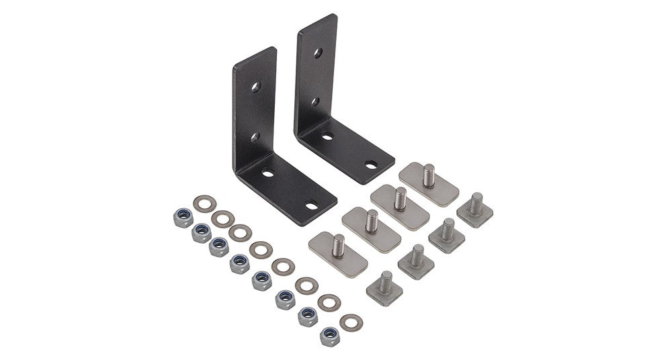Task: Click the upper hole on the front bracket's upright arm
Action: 256,87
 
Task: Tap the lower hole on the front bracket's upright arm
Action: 255,137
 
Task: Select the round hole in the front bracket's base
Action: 268,174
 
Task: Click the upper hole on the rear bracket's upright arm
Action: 317,52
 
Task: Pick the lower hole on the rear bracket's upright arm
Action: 315,101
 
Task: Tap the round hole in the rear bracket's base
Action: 327,136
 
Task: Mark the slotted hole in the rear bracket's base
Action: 370,164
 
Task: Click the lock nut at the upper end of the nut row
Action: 182,218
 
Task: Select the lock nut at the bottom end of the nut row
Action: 329,336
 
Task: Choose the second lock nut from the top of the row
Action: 201,232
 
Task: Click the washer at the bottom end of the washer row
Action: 351,322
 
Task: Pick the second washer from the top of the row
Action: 222,219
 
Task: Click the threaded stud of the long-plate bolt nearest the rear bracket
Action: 429,175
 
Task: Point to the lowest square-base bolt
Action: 384,286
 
